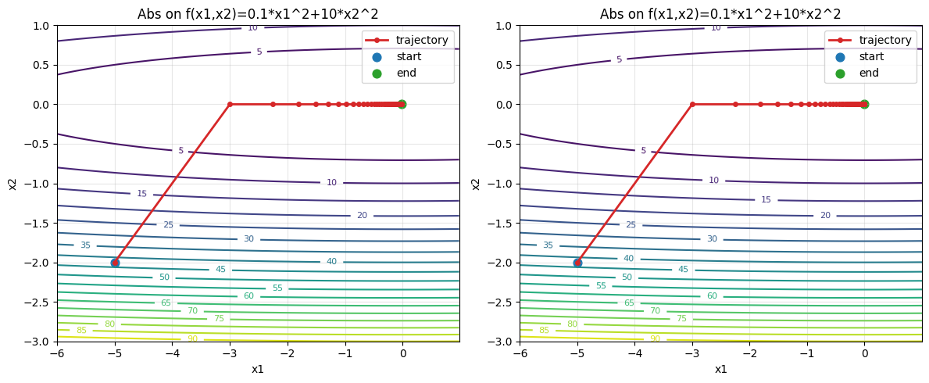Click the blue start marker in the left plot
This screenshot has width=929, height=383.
point(115,263)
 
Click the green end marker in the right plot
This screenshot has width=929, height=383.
point(864,104)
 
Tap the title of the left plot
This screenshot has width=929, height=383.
point(258,14)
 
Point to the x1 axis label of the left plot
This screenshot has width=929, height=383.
point(258,369)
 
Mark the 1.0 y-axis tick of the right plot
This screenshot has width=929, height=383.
point(503,25)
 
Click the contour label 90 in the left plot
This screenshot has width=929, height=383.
point(192,338)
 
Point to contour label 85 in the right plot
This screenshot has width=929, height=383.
point(544,331)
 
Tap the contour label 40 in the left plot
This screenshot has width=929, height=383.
point(331,262)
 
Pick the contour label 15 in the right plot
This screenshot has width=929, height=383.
point(766,200)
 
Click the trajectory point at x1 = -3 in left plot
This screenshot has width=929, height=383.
point(230,104)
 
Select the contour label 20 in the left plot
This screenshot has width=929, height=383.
point(362,216)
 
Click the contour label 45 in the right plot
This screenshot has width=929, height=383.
point(683,270)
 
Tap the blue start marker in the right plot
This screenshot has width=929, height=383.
point(577,263)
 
